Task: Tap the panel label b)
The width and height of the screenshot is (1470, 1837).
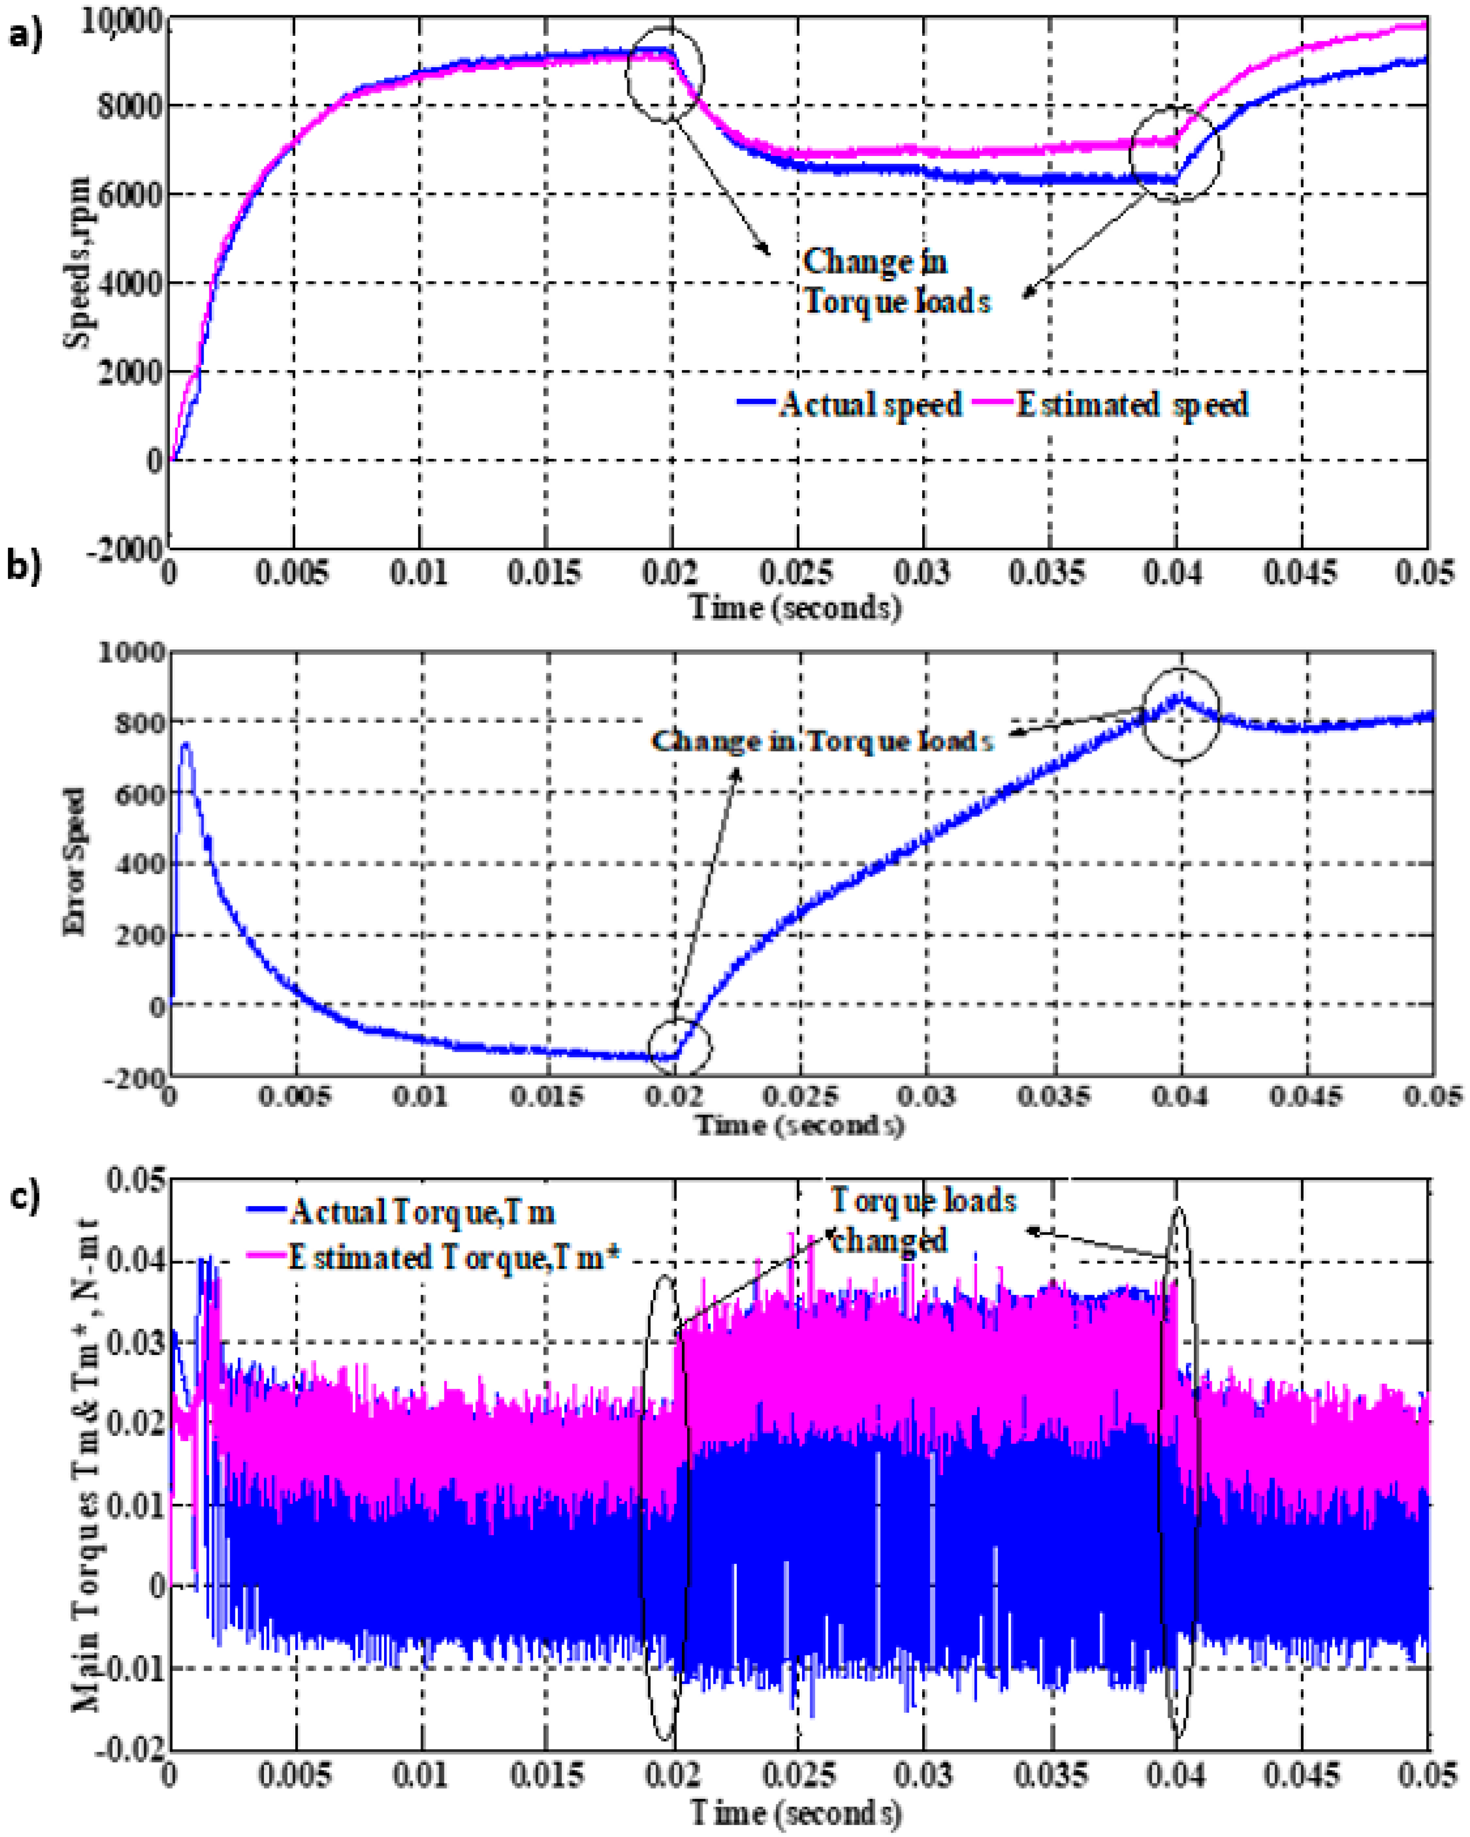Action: click(24, 566)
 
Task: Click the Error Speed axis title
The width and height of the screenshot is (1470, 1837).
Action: click(75, 862)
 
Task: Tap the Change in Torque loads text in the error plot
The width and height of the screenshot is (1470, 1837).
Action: click(822, 741)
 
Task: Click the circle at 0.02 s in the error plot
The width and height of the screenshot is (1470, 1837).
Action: click(679, 1048)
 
